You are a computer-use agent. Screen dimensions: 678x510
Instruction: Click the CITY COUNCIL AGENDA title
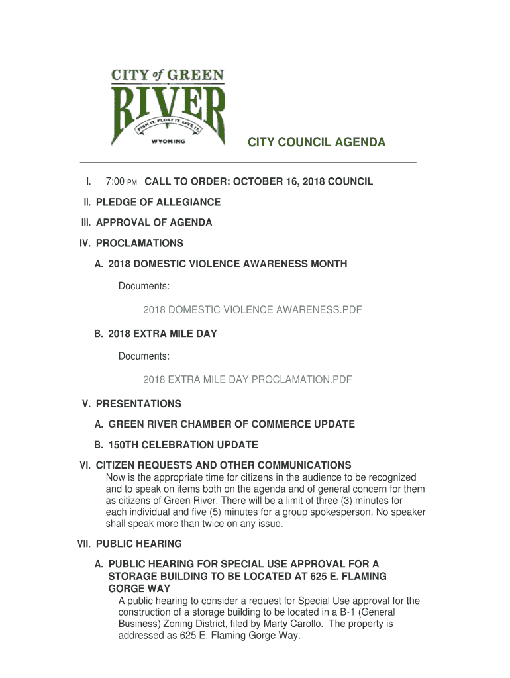click(x=317, y=143)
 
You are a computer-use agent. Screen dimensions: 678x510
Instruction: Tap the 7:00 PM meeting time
click(x=121, y=181)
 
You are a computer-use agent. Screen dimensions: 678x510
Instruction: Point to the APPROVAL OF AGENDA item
click(x=154, y=222)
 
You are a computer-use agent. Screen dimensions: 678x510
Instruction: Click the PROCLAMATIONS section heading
click(x=139, y=243)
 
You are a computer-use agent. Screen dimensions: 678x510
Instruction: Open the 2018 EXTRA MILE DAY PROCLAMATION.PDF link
click(x=247, y=379)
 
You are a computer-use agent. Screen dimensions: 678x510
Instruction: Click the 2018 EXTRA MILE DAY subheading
click(x=162, y=334)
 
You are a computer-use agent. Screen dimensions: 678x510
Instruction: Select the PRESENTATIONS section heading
click(x=138, y=403)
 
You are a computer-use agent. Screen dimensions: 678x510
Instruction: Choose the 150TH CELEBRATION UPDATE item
click(x=183, y=444)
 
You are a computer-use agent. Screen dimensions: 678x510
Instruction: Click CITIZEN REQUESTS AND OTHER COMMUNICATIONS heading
click(x=223, y=465)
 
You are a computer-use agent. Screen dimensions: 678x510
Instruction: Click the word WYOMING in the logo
click(x=168, y=141)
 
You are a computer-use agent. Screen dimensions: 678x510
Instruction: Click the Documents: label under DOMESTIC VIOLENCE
click(x=144, y=286)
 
